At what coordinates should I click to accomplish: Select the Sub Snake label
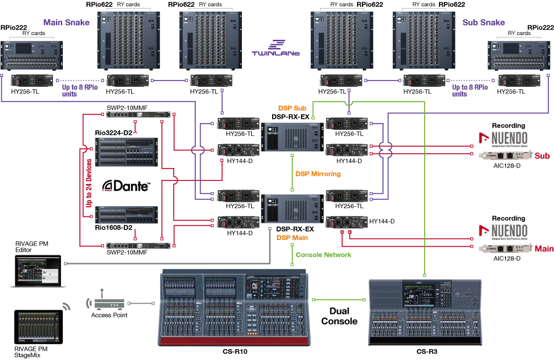(x=483, y=23)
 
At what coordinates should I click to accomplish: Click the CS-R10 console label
(x=235, y=351)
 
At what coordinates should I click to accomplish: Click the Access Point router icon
(x=106, y=303)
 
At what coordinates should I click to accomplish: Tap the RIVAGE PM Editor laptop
(x=39, y=271)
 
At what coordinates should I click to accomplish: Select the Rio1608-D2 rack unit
(x=128, y=216)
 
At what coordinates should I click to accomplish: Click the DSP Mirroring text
(x=318, y=174)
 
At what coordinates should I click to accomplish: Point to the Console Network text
(x=324, y=254)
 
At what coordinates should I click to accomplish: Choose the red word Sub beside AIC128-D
(x=542, y=156)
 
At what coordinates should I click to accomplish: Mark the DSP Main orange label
(x=291, y=236)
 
